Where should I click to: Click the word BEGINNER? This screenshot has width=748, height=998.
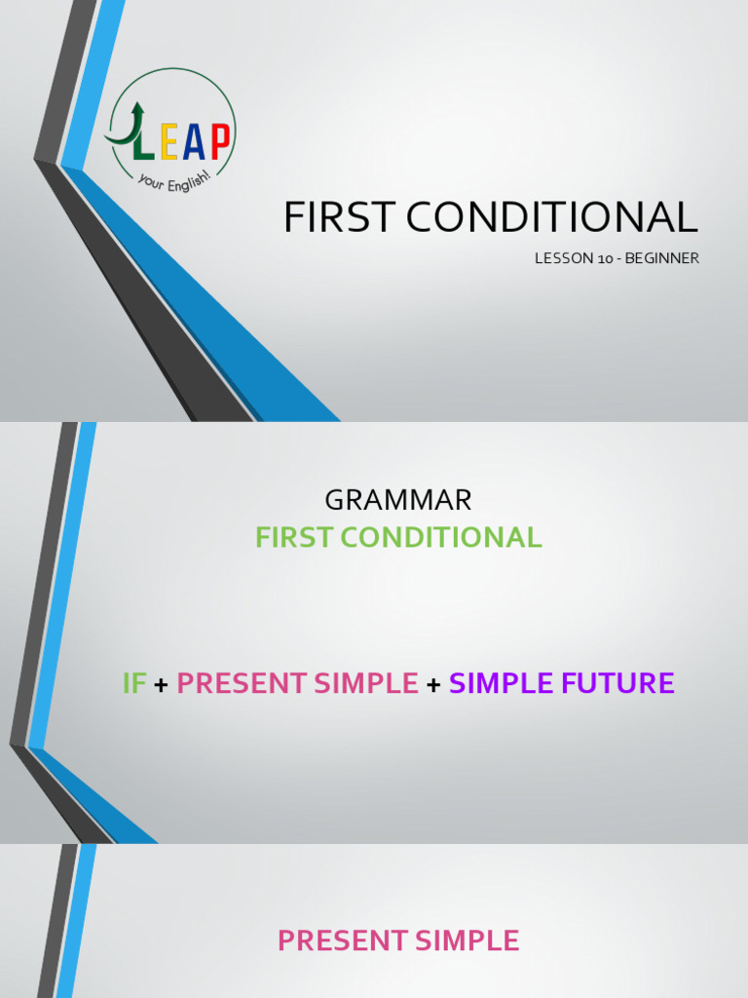[663, 258]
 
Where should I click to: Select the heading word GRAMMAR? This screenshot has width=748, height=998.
[398, 501]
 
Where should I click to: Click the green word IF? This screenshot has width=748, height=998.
[133, 683]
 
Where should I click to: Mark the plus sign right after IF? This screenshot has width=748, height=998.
[161, 684]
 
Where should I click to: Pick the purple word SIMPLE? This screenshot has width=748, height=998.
[503, 683]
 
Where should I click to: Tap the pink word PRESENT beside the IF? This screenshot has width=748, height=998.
[240, 683]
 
